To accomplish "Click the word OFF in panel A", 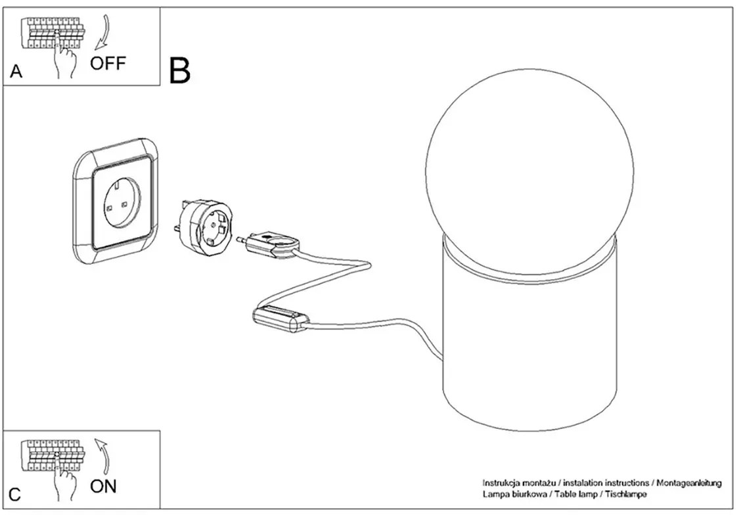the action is [x=108, y=63].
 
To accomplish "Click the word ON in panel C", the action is [x=103, y=486].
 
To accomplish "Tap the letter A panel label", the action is [x=16, y=72].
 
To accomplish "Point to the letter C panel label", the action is [x=15, y=494].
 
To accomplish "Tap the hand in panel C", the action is [x=63, y=478].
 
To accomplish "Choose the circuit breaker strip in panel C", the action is [x=53, y=456].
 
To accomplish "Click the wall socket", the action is [x=116, y=201].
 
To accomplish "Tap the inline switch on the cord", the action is [x=280, y=320].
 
